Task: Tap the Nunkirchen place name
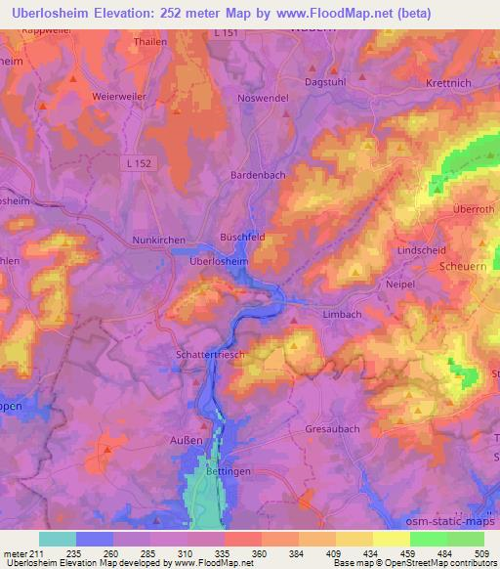pyautogui.click(x=157, y=240)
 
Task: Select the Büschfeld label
pyautogui.click(x=242, y=238)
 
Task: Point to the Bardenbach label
pyautogui.click(x=256, y=174)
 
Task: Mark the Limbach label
pyautogui.click(x=342, y=313)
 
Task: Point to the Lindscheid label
pyautogui.click(x=422, y=250)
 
